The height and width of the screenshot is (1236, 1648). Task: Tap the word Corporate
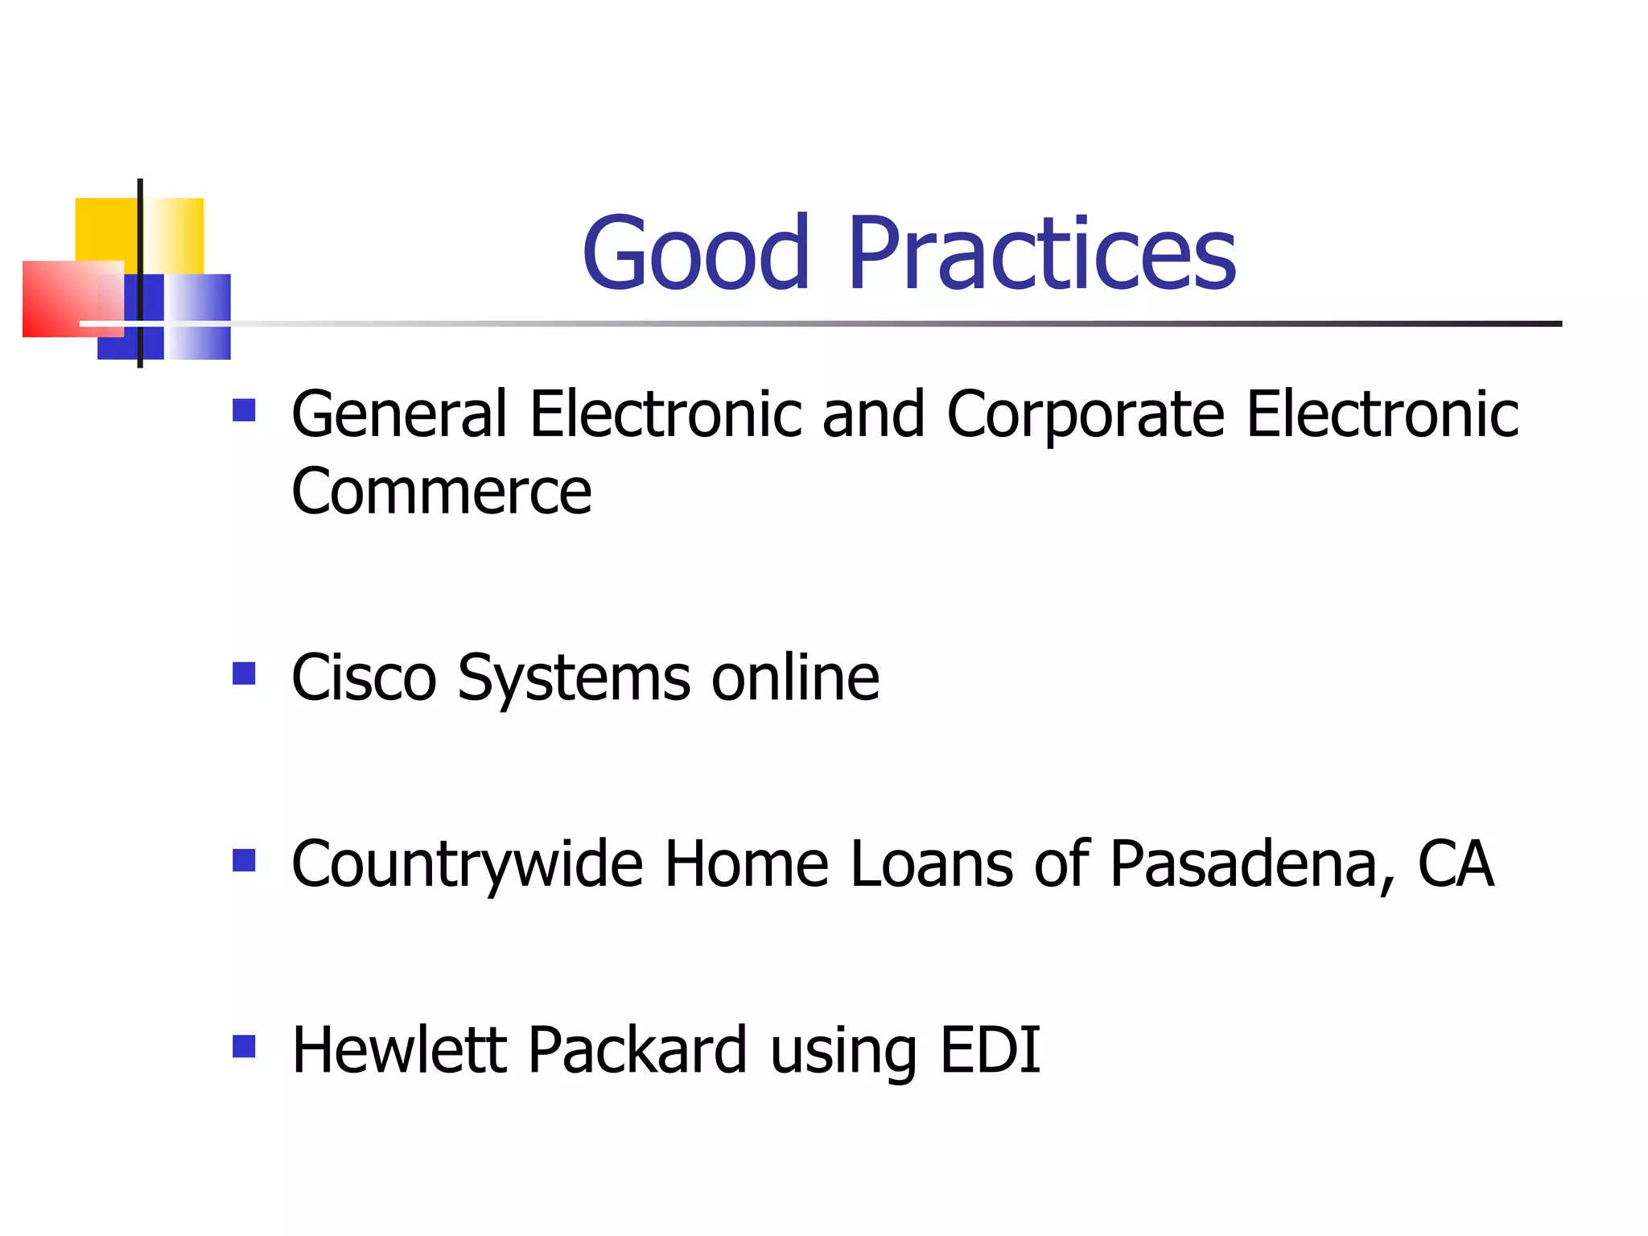tap(1086, 415)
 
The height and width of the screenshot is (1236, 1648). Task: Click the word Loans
tap(932, 863)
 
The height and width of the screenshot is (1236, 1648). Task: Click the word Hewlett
tap(399, 1049)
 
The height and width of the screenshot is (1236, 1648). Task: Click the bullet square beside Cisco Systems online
tap(244, 673)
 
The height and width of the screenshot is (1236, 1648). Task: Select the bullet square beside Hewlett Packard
tap(244, 1045)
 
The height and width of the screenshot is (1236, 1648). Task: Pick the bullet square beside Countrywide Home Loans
tap(244, 860)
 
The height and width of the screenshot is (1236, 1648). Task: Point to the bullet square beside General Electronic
tap(244, 410)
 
